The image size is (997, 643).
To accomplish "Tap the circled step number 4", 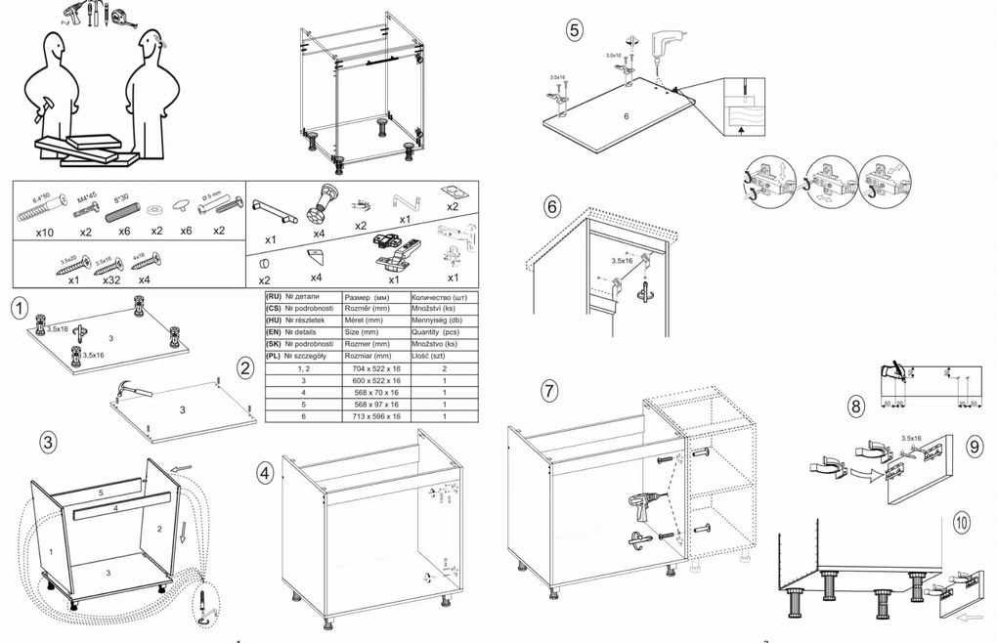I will pos(264,472).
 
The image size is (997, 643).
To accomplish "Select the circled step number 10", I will pos(963,520).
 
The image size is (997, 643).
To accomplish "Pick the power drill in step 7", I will pos(644,506).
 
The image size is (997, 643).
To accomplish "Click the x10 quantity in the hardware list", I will pos(44,232).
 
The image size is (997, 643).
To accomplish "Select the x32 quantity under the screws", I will pos(110,279).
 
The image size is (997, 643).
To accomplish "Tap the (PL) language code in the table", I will pos(275,356).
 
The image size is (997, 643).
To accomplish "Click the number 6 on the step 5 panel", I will pos(627,115).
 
